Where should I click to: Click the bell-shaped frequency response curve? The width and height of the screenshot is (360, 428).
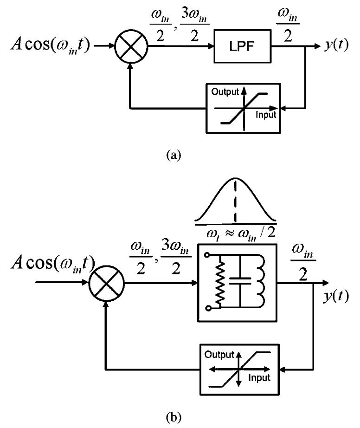[x=236, y=200]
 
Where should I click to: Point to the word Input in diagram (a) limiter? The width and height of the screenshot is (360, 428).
[x=266, y=115]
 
